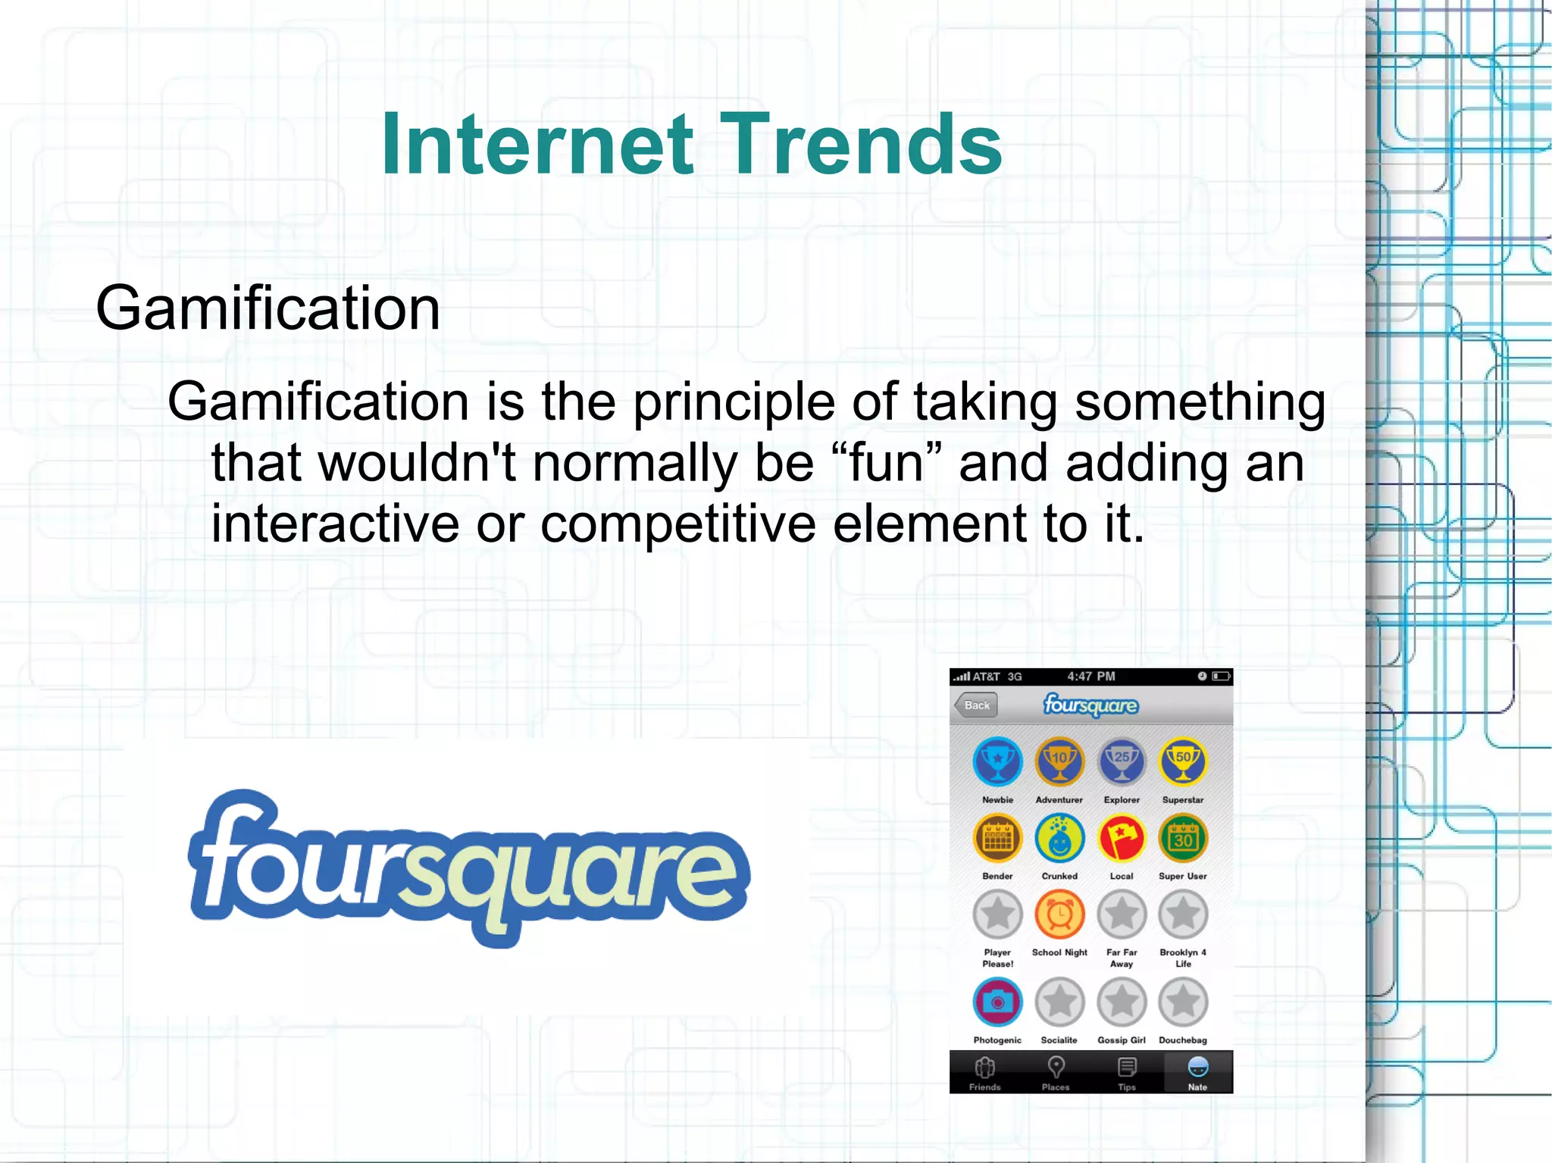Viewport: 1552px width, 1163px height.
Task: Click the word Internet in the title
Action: [x=537, y=144]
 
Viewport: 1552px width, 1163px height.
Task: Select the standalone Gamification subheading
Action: [x=268, y=308]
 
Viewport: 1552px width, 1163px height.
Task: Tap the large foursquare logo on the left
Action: [x=468, y=868]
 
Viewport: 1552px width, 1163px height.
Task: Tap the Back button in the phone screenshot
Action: [x=976, y=705]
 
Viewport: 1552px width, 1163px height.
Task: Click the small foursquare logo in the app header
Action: [x=1090, y=705]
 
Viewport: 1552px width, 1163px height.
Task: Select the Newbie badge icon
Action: [x=997, y=761]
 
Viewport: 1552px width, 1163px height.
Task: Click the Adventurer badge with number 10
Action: [x=1059, y=761]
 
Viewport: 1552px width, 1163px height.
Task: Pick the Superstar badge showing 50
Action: [x=1182, y=761]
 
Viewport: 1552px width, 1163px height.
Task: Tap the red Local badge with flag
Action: [x=1122, y=838]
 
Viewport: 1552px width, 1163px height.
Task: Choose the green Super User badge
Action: [x=1182, y=838]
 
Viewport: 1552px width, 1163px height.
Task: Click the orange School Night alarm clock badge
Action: [x=1059, y=914]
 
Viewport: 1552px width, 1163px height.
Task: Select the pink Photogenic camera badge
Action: [x=997, y=1002]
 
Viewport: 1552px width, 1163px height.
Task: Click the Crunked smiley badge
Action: [x=1059, y=838]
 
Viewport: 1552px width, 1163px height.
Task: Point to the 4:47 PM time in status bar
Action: [x=1090, y=677]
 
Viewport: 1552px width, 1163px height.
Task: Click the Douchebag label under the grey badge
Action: [x=1182, y=1040]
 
